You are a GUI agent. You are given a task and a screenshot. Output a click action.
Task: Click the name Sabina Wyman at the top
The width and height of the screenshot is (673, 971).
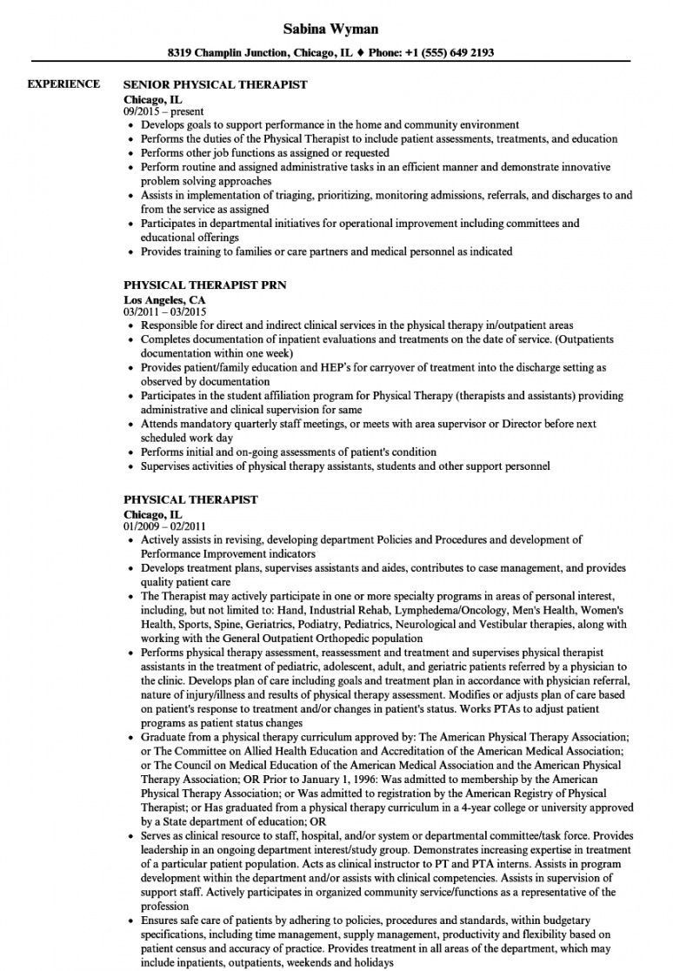tap(336, 29)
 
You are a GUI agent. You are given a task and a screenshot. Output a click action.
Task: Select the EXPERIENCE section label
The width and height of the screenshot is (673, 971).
tap(63, 84)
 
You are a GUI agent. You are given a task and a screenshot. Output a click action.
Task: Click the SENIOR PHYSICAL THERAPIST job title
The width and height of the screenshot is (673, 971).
tap(216, 85)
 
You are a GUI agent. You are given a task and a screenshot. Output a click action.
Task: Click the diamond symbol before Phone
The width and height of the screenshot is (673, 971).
tap(362, 52)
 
